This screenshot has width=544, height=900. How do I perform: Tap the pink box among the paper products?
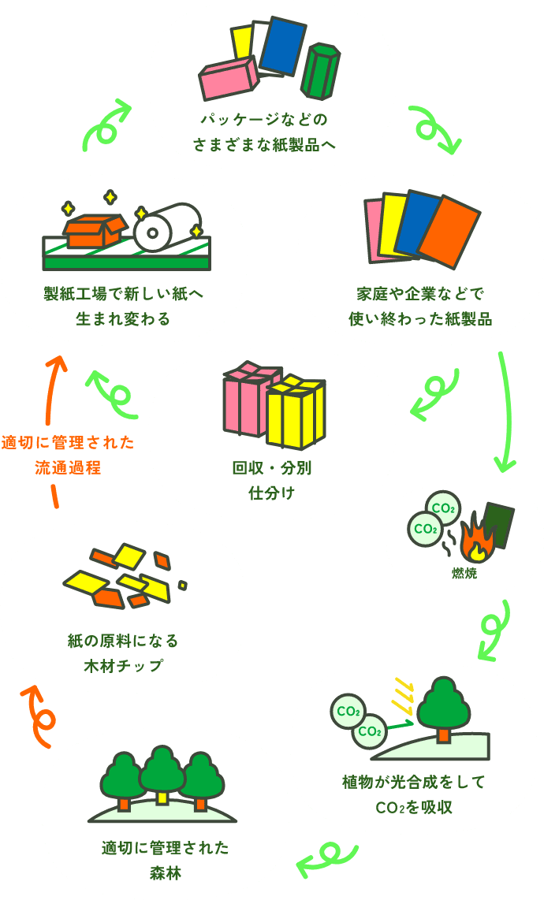coord(228,80)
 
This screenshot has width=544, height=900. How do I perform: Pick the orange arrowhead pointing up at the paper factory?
coord(54,363)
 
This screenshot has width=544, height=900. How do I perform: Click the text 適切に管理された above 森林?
coord(166,848)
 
